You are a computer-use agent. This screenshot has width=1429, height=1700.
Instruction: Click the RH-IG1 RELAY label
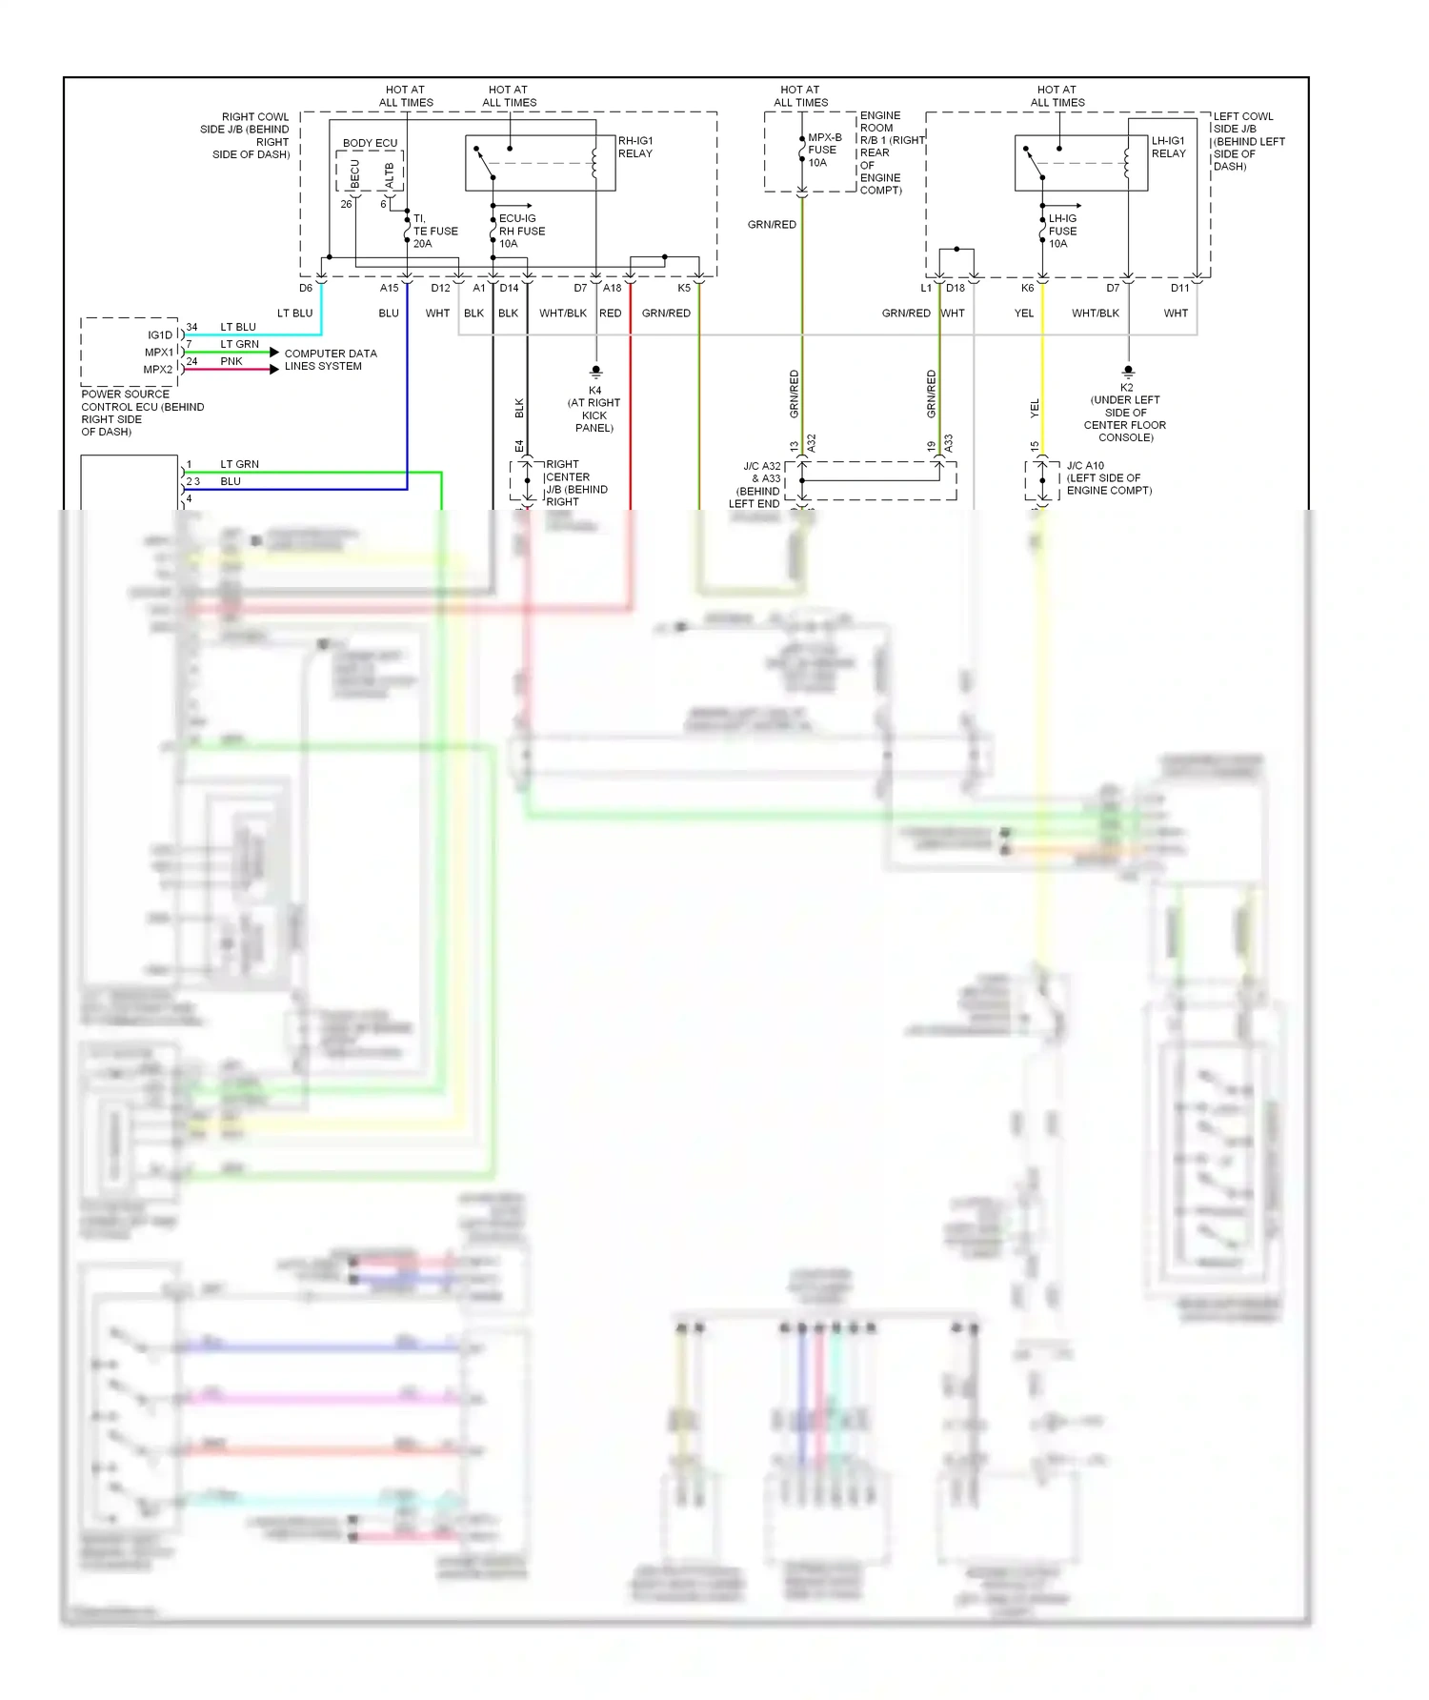[635, 147]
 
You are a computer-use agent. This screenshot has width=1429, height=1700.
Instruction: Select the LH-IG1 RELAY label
[1168, 147]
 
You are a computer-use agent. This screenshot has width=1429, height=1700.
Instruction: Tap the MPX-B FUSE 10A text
[823, 150]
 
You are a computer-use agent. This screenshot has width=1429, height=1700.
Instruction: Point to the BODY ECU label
[370, 143]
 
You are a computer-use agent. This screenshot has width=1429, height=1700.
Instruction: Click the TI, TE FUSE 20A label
[434, 231]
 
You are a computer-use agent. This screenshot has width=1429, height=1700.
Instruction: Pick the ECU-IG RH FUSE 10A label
[521, 231]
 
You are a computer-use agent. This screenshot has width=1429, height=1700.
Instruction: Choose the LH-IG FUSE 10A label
[1062, 231]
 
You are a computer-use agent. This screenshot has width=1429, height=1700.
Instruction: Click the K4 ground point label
[594, 409]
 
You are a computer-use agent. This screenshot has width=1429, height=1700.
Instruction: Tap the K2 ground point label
[1126, 413]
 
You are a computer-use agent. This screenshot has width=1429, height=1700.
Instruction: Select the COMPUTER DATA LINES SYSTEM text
[330, 359]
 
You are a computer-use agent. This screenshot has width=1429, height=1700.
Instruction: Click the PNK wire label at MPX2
[231, 361]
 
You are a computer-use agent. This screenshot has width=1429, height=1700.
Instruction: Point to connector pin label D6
[306, 288]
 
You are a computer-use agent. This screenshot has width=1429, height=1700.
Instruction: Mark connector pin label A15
[390, 288]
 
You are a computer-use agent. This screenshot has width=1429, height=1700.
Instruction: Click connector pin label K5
[684, 288]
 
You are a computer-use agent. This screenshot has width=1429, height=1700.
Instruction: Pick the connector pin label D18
[956, 288]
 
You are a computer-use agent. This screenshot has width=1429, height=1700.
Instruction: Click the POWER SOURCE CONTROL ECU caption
[142, 413]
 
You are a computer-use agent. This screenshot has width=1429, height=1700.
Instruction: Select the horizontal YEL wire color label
[1024, 313]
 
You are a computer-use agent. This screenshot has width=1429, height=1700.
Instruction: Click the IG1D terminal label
[160, 334]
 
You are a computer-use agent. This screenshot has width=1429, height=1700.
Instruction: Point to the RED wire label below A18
[610, 313]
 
